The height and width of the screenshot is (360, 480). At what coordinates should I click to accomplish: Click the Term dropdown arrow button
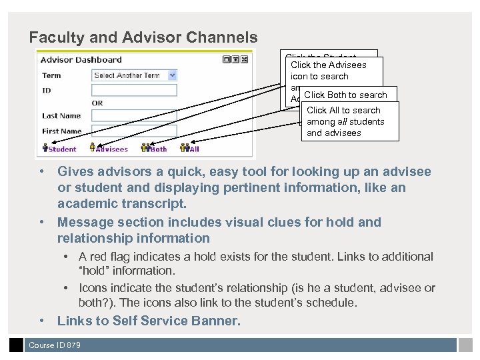[x=172, y=75]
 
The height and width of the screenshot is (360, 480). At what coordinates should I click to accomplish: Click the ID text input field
[x=133, y=90]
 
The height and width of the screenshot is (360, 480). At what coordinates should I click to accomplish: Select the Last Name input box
[x=133, y=116]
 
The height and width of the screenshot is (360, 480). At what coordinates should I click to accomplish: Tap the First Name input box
[x=133, y=131]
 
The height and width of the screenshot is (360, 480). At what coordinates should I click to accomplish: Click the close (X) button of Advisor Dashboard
[x=244, y=59]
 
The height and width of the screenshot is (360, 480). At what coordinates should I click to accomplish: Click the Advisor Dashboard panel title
[x=81, y=60]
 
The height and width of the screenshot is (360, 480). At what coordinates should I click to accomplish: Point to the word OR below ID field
[x=97, y=103]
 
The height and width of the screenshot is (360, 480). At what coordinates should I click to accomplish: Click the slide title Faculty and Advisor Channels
[x=143, y=37]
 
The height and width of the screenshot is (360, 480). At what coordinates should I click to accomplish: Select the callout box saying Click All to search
[x=349, y=121]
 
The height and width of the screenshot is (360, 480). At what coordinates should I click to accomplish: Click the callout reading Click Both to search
[x=346, y=95]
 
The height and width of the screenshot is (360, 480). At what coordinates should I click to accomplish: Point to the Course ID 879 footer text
[x=55, y=345]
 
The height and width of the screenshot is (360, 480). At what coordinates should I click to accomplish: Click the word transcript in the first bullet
[x=157, y=203]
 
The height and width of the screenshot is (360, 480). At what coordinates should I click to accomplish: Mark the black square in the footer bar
[x=16, y=345]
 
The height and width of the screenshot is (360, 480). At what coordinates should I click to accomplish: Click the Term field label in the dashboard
[x=51, y=75]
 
